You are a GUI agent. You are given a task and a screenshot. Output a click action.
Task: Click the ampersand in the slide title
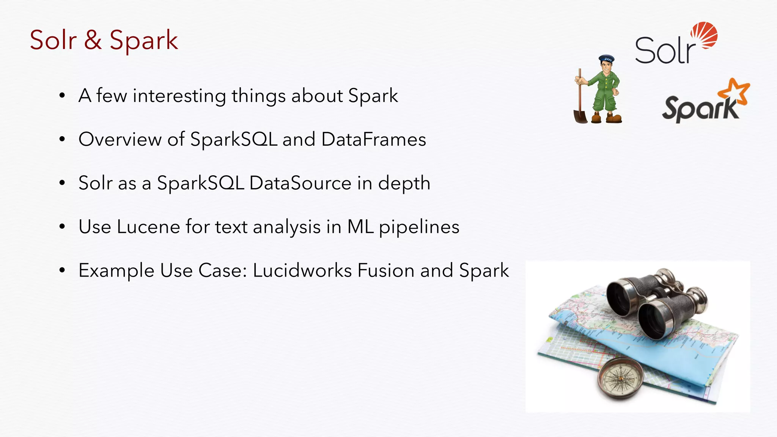pyautogui.click(x=93, y=40)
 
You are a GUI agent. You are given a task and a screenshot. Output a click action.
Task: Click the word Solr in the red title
pyautogui.click(x=53, y=40)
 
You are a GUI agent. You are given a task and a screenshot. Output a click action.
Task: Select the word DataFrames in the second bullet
pyautogui.click(x=374, y=139)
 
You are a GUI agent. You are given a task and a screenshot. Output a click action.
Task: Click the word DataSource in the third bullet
pyautogui.click(x=300, y=183)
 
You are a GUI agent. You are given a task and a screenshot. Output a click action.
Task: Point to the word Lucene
pyautogui.click(x=148, y=227)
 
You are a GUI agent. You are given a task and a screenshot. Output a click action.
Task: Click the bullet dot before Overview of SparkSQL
pyautogui.click(x=62, y=140)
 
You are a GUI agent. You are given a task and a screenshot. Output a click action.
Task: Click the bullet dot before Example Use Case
pyautogui.click(x=62, y=271)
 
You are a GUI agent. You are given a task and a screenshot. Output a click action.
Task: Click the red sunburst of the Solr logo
pyautogui.click(x=704, y=35)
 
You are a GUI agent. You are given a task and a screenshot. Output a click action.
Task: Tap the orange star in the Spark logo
pyautogui.click(x=735, y=91)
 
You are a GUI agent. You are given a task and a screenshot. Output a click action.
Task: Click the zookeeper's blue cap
pyautogui.click(x=606, y=59)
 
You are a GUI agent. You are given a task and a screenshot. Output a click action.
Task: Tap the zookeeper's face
pyautogui.click(x=607, y=68)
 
